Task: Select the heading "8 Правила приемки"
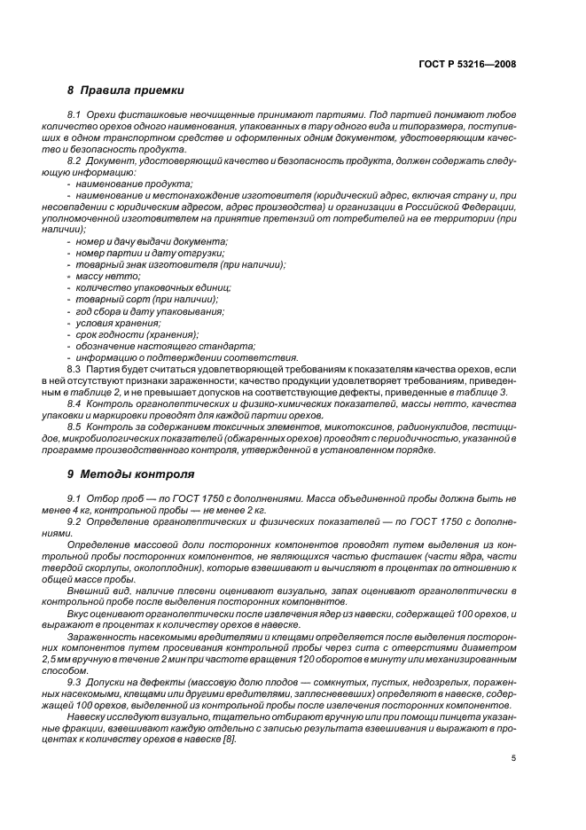[x=126, y=90]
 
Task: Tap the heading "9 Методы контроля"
[x=130, y=474]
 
